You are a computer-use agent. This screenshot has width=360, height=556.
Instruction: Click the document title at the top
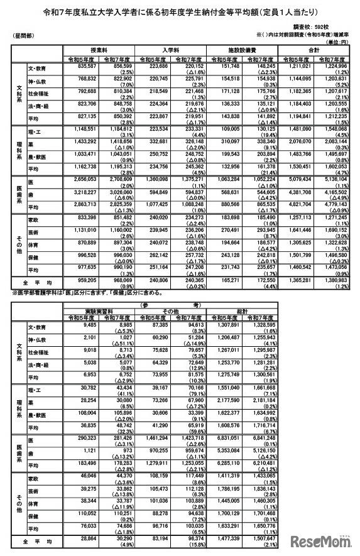[180, 11]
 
